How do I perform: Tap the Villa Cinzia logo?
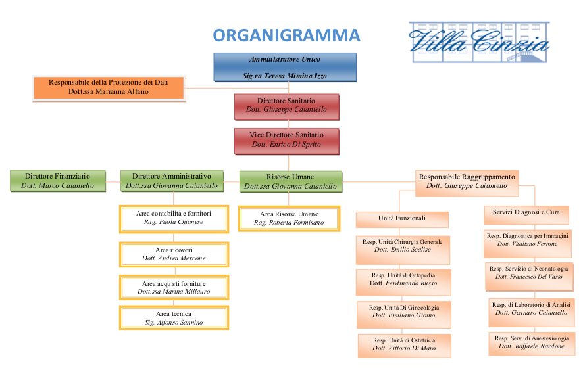click(479, 41)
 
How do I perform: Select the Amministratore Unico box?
click(284, 67)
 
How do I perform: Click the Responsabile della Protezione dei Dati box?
click(109, 87)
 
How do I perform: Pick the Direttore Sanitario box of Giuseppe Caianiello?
click(286, 106)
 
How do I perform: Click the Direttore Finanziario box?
click(58, 181)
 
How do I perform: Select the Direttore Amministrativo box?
click(172, 181)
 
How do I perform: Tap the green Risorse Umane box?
click(290, 181)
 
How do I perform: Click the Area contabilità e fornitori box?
click(174, 218)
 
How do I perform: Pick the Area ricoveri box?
click(174, 254)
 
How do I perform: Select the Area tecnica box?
click(174, 318)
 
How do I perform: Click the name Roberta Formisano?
click(290, 223)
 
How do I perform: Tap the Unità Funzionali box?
click(402, 218)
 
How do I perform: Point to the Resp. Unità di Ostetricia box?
click(405, 344)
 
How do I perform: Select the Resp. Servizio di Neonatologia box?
click(528, 273)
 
